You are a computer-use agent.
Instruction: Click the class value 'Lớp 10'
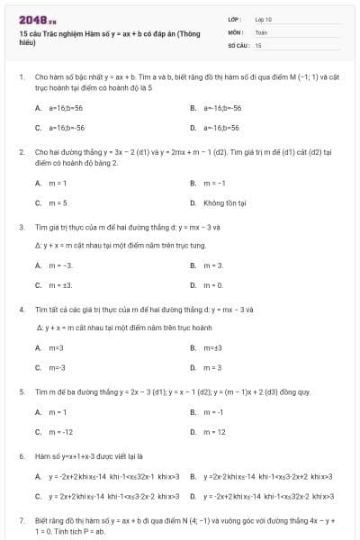click(263, 18)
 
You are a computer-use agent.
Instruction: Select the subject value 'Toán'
click(261, 31)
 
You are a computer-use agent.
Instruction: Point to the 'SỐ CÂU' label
click(237, 44)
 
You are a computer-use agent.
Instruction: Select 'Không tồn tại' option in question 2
click(224, 203)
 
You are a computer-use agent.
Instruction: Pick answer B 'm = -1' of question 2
click(212, 184)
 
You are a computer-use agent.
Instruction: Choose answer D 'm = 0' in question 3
click(212, 285)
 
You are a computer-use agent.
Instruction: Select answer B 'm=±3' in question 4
click(213, 347)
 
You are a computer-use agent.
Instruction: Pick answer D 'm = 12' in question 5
click(214, 431)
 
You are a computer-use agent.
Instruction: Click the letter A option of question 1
click(38, 108)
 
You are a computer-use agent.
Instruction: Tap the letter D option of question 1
click(193, 128)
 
